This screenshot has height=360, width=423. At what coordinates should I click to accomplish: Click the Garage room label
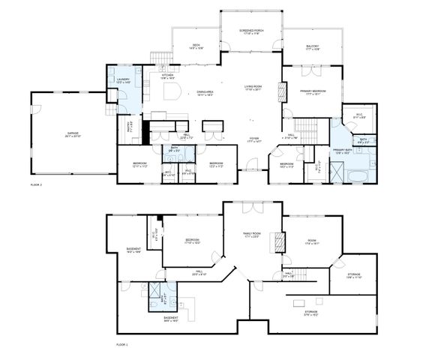(72, 134)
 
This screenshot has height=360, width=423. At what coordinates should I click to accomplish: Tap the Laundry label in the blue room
(123, 81)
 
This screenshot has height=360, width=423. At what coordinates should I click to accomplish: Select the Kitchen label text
(167, 76)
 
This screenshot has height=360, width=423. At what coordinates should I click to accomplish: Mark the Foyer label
(254, 140)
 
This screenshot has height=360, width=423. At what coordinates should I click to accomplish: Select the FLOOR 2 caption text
(37, 184)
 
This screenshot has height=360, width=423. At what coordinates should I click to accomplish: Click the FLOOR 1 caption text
(121, 343)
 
